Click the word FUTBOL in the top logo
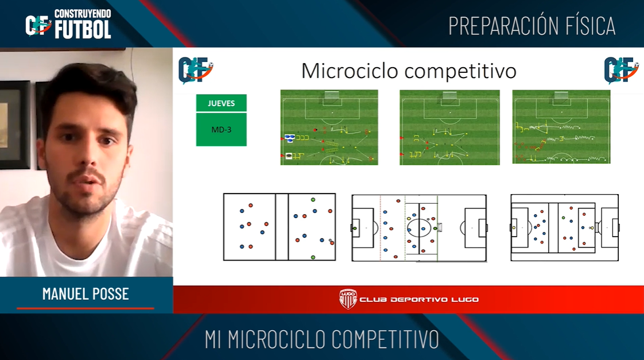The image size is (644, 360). [x=83, y=29]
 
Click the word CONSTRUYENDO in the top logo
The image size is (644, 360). [x=83, y=14]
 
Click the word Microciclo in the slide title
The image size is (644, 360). [x=350, y=71]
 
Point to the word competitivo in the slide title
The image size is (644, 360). [x=460, y=72]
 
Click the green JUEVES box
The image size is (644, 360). [x=222, y=103]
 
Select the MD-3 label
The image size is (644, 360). [x=222, y=130]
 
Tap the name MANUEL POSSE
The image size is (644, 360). [x=86, y=294]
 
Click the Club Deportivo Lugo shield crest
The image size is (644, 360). [x=348, y=299]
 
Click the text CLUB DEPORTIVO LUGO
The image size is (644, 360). [x=419, y=300]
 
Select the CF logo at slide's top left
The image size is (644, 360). [x=196, y=70]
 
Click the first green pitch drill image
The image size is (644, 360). [x=329, y=127]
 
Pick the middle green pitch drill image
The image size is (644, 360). [x=450, y=127]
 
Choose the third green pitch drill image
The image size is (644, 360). [x=561, y=127]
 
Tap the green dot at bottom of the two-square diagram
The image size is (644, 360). [x=313, y=257]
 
